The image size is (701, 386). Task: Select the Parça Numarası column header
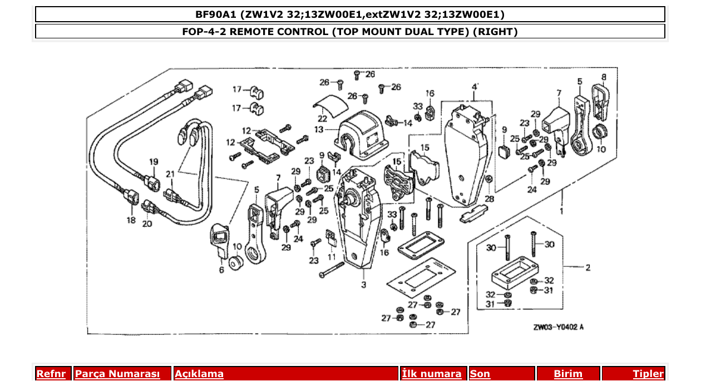point(117,374)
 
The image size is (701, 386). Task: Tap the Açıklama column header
point(199,374)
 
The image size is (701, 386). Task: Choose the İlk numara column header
point(432,374)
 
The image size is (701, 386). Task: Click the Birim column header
point(568,374)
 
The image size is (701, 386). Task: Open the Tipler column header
point(648,374)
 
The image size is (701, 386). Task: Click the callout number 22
point(322,118)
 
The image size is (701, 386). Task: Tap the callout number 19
point(154,162)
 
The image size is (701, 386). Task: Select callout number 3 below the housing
point(363,285)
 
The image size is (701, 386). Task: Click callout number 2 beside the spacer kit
point(588,268)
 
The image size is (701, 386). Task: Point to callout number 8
point(604,77)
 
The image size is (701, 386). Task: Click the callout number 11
point(332,257)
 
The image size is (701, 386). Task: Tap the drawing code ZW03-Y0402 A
point(558,328)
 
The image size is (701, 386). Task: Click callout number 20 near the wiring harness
point(147,224)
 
